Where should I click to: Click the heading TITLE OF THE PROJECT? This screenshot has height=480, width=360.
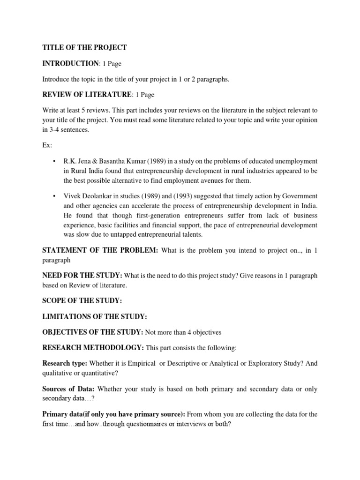coord(84,47)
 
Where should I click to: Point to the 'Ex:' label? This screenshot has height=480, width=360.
coord(47,145)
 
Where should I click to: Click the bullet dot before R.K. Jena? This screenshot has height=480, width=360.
coord(54,161)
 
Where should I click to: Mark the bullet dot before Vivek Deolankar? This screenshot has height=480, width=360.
coord(54,195)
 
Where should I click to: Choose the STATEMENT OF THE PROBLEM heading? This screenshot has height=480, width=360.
coord(100,251)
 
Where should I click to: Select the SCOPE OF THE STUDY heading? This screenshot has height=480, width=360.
coord(82,300)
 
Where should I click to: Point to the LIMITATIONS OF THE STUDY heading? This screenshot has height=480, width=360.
coord(95,316)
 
